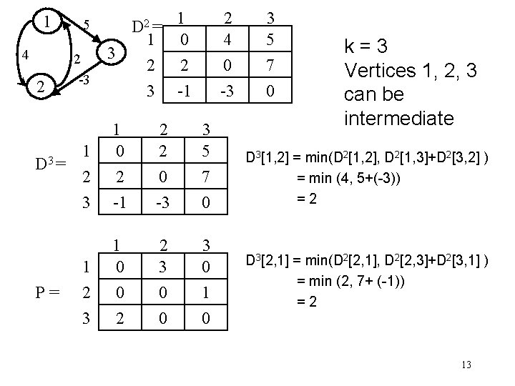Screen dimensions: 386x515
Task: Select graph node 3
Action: coord(109,53)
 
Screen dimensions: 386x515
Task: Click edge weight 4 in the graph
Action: coord(25,54)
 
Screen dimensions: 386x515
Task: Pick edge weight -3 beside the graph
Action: coord(84,79)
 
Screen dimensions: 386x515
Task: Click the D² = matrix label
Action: coord(147,28)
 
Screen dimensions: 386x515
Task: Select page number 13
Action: coord(466,365)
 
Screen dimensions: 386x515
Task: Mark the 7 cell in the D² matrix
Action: coord(269,66)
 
